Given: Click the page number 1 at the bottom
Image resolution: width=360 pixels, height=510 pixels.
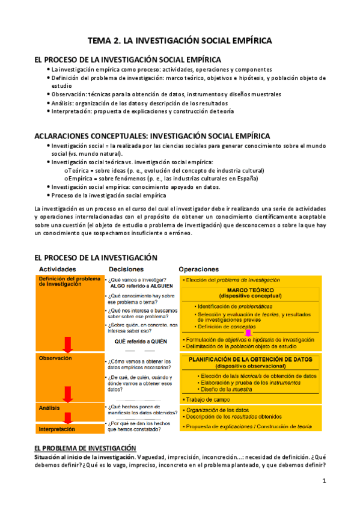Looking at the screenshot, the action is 324,481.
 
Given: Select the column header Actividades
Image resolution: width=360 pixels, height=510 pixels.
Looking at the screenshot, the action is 58,269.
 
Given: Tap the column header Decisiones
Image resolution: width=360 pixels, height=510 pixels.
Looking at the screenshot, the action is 127,269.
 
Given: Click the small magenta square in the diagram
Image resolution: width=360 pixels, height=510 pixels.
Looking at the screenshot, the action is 248,333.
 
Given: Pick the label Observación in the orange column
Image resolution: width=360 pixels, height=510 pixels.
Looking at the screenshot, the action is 55,358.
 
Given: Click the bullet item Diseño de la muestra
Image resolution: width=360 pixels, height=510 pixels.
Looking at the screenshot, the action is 224,390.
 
